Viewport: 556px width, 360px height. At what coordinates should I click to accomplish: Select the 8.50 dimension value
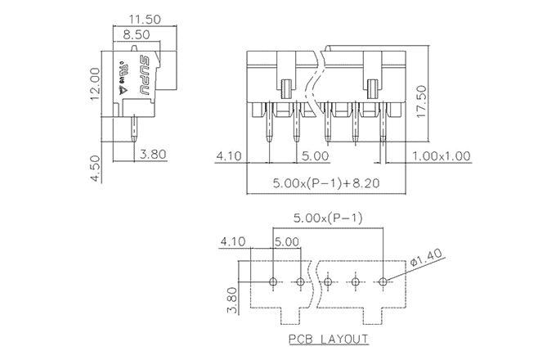[x=136, y=35]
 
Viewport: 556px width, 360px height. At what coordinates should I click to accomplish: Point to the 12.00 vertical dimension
[x=96, y=83]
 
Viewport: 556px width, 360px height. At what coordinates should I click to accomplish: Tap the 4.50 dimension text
[x=96, y=167]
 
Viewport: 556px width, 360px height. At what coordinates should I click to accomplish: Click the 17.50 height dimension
[x=422, y=102]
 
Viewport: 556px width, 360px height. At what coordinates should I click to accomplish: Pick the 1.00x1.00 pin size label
[x=441, y=155]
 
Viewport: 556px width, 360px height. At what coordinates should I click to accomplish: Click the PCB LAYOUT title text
[x=327, y=339]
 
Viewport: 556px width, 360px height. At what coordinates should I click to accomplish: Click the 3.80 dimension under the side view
[x=155, y=155]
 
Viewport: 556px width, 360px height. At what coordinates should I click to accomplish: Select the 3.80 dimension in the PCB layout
[x=231, y=299]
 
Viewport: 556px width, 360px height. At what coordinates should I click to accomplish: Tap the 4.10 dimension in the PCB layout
[x=233, y=241]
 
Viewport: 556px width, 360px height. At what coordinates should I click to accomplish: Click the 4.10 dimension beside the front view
[x=230, y=155]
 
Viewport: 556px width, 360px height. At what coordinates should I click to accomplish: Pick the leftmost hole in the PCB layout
[x=273, y=282]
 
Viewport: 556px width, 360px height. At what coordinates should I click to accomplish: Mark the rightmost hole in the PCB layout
[x=383, y=282]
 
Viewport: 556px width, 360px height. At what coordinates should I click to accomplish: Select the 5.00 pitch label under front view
[x=315, y=155]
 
